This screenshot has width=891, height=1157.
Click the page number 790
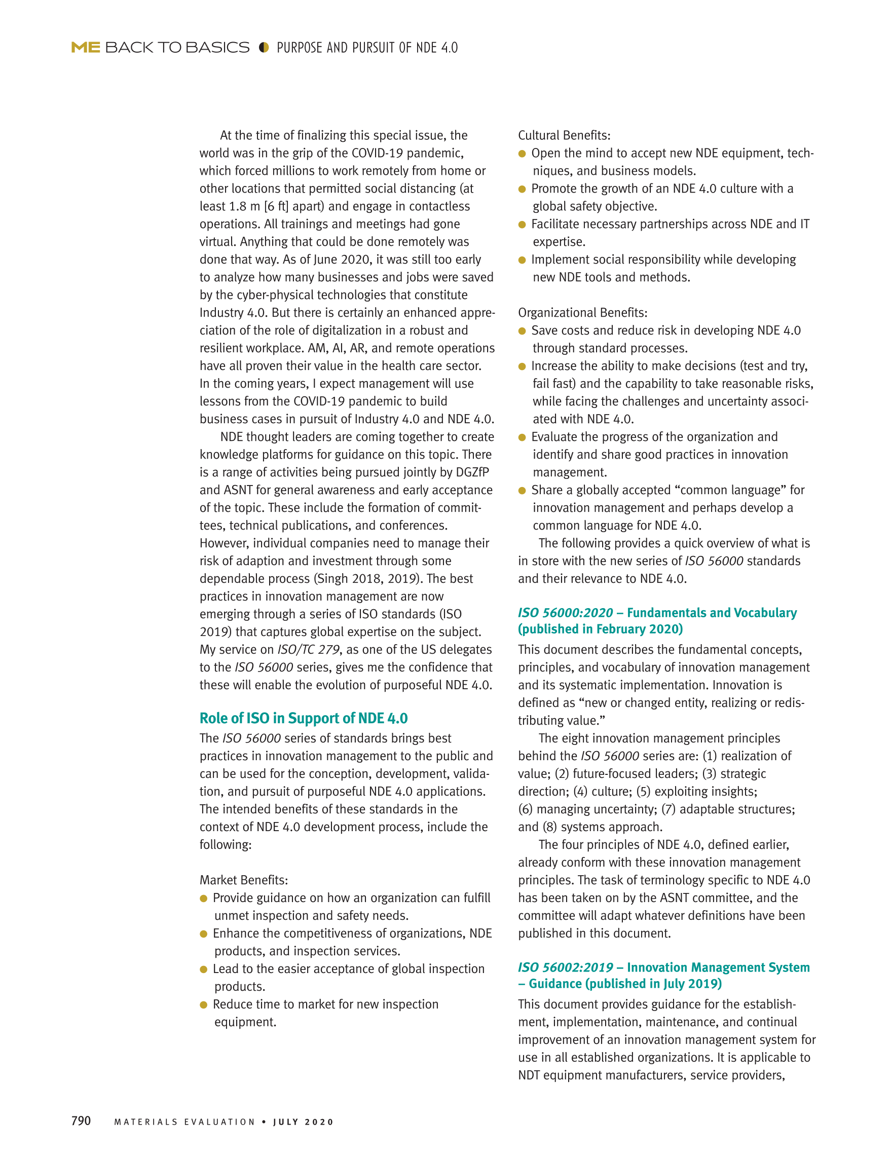tap(81, 1121)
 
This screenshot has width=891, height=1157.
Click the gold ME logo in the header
tap(85, 48)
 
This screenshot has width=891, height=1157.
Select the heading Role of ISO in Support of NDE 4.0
tap(304, 718)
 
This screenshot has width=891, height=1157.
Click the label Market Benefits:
tap(244, 880)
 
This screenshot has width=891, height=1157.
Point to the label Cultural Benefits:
tap(564, 135)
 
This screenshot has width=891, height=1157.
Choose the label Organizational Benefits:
tap(583, 313)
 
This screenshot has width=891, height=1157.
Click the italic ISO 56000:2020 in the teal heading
tap(565, 613)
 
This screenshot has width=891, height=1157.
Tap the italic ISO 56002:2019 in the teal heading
tap(565, 967)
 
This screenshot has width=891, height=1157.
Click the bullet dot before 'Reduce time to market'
tap(203, 1005)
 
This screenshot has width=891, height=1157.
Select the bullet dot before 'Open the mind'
tap(522, 154)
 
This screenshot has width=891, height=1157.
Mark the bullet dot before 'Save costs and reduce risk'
tap(522, 331)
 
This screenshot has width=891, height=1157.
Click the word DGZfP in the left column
tap(472, 472)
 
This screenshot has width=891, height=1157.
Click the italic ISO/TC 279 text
tap(308, 650)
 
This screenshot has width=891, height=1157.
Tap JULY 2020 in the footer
tap(304, 1122)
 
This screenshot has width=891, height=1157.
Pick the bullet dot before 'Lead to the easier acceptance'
tap(203, 969)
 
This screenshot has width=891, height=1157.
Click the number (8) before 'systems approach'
tap(549, 827)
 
